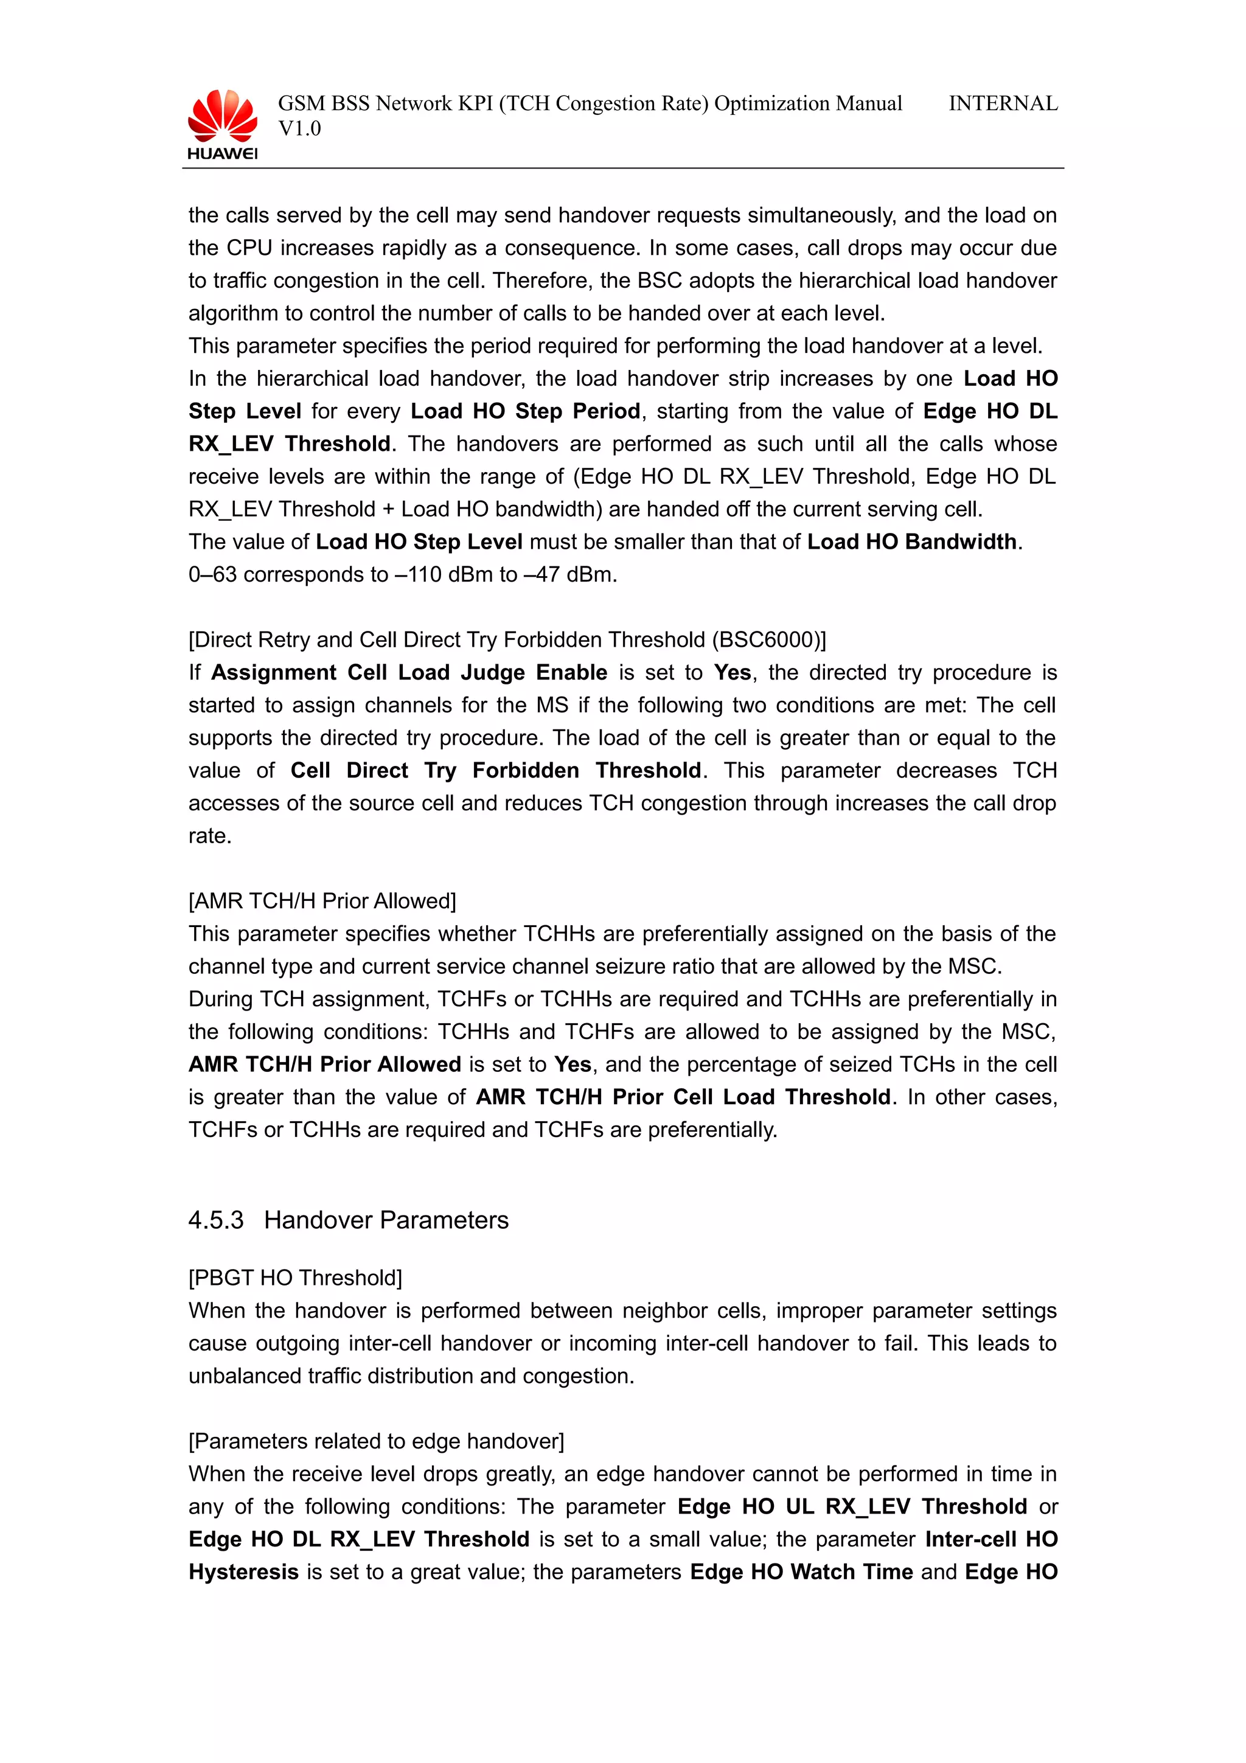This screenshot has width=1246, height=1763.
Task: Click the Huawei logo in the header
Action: pyautogui.click(x=223, y=123)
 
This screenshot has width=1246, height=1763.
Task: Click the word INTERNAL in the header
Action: pyautogui.click(x=1003, y=103)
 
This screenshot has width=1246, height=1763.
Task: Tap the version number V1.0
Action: pyautogui.click(x=299, y=129)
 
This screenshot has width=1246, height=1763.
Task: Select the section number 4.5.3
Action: pyautogui.click(x=216, y=1220)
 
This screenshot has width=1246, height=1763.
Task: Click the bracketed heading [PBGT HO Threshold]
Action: pyautogui.click(x=296, y=1278)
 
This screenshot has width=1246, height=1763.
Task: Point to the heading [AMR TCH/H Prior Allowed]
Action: pyautogui.click(x=322, y=901)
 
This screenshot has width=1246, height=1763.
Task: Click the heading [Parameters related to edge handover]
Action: pyautogui.click(x=376, y=1441)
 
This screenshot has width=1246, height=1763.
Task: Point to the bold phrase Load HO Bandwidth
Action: pyautogui.click(x=912, y=542)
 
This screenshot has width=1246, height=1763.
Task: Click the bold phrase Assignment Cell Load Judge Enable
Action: pyautogui.click(x=409, y=673)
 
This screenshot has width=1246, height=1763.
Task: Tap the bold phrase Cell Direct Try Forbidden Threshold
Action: pyautogui.click(x=496, y=770)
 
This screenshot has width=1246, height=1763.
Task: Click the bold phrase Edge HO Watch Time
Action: pyautogui.click(x=801, y=1572)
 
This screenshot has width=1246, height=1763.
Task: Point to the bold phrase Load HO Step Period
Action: pyautogui.click(x=525, y=412)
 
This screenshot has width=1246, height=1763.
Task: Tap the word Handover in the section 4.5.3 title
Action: pyautogui.click(x=319, y=1220)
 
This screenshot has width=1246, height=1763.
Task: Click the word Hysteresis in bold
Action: pyautogui.click(x=243, y=1572)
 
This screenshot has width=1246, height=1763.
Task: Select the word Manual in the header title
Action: pyautogui.click(x=868, y=103)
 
